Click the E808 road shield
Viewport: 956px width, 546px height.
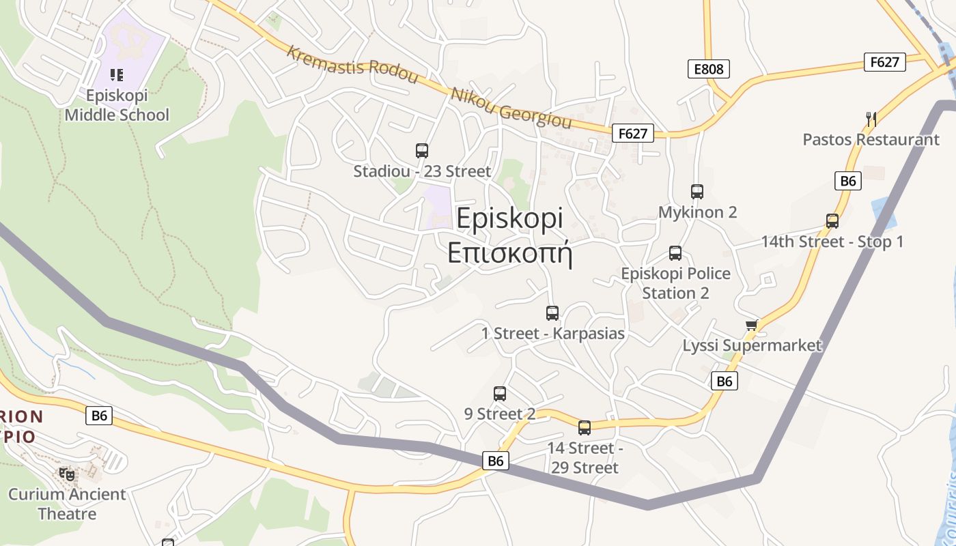click(x=709, y=69)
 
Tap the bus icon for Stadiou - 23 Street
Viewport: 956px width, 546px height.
click(x=422, y=151)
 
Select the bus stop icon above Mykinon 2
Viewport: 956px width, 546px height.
click(x=697, y=192)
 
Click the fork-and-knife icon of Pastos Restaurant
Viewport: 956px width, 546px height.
click(x=871, y=119)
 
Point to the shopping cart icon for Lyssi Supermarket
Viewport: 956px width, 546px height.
click(x=752, y=325)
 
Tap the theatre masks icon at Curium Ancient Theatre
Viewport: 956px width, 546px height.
click(x=67, y=474)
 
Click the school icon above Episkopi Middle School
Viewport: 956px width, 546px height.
click(x=117, y=75)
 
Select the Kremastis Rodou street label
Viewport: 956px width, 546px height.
click(x=352, y=65)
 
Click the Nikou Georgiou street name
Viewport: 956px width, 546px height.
click(x=510, y=108)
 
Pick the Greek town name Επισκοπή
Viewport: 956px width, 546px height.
click(x=509, y=252)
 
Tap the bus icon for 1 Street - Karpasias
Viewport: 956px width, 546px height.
click(x=552, y=313)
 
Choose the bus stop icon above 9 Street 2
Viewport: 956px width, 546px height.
click(x=500, y=394)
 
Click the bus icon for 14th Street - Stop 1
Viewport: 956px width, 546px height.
click(x=832, y=221)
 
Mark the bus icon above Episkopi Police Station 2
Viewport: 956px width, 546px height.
click(x=675, y=253)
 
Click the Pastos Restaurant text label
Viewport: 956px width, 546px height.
click(x=871, y=140)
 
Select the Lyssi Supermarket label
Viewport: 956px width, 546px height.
click(x=752, y=345)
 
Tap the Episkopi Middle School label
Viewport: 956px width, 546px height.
click(x=117, y=105)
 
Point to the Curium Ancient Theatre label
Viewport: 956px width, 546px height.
click(x=67, y=504)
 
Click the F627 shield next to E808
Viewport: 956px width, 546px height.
click(x=884, y=62)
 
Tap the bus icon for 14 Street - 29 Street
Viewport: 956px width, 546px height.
click(x=585, y=428)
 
